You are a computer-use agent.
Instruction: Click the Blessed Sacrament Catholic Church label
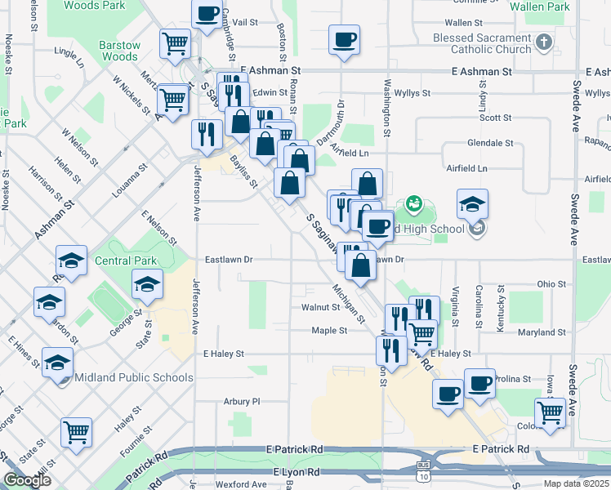click(x=482, y=43)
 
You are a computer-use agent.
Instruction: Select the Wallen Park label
click(x=539, y=7)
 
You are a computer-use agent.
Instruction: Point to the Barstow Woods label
click(x=119, y=51)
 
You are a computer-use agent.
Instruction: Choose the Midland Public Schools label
click(x=134, y=377)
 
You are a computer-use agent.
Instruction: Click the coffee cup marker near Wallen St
click(x=344, y=38)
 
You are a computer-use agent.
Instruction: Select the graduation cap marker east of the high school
click(x=472, y=204)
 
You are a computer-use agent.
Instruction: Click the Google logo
click(x=27, y=480)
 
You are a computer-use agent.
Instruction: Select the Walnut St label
click(x=320, y=308)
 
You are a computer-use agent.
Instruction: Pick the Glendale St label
click(x=490, y=142)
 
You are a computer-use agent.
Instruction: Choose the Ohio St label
click(x=552, y=284)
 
